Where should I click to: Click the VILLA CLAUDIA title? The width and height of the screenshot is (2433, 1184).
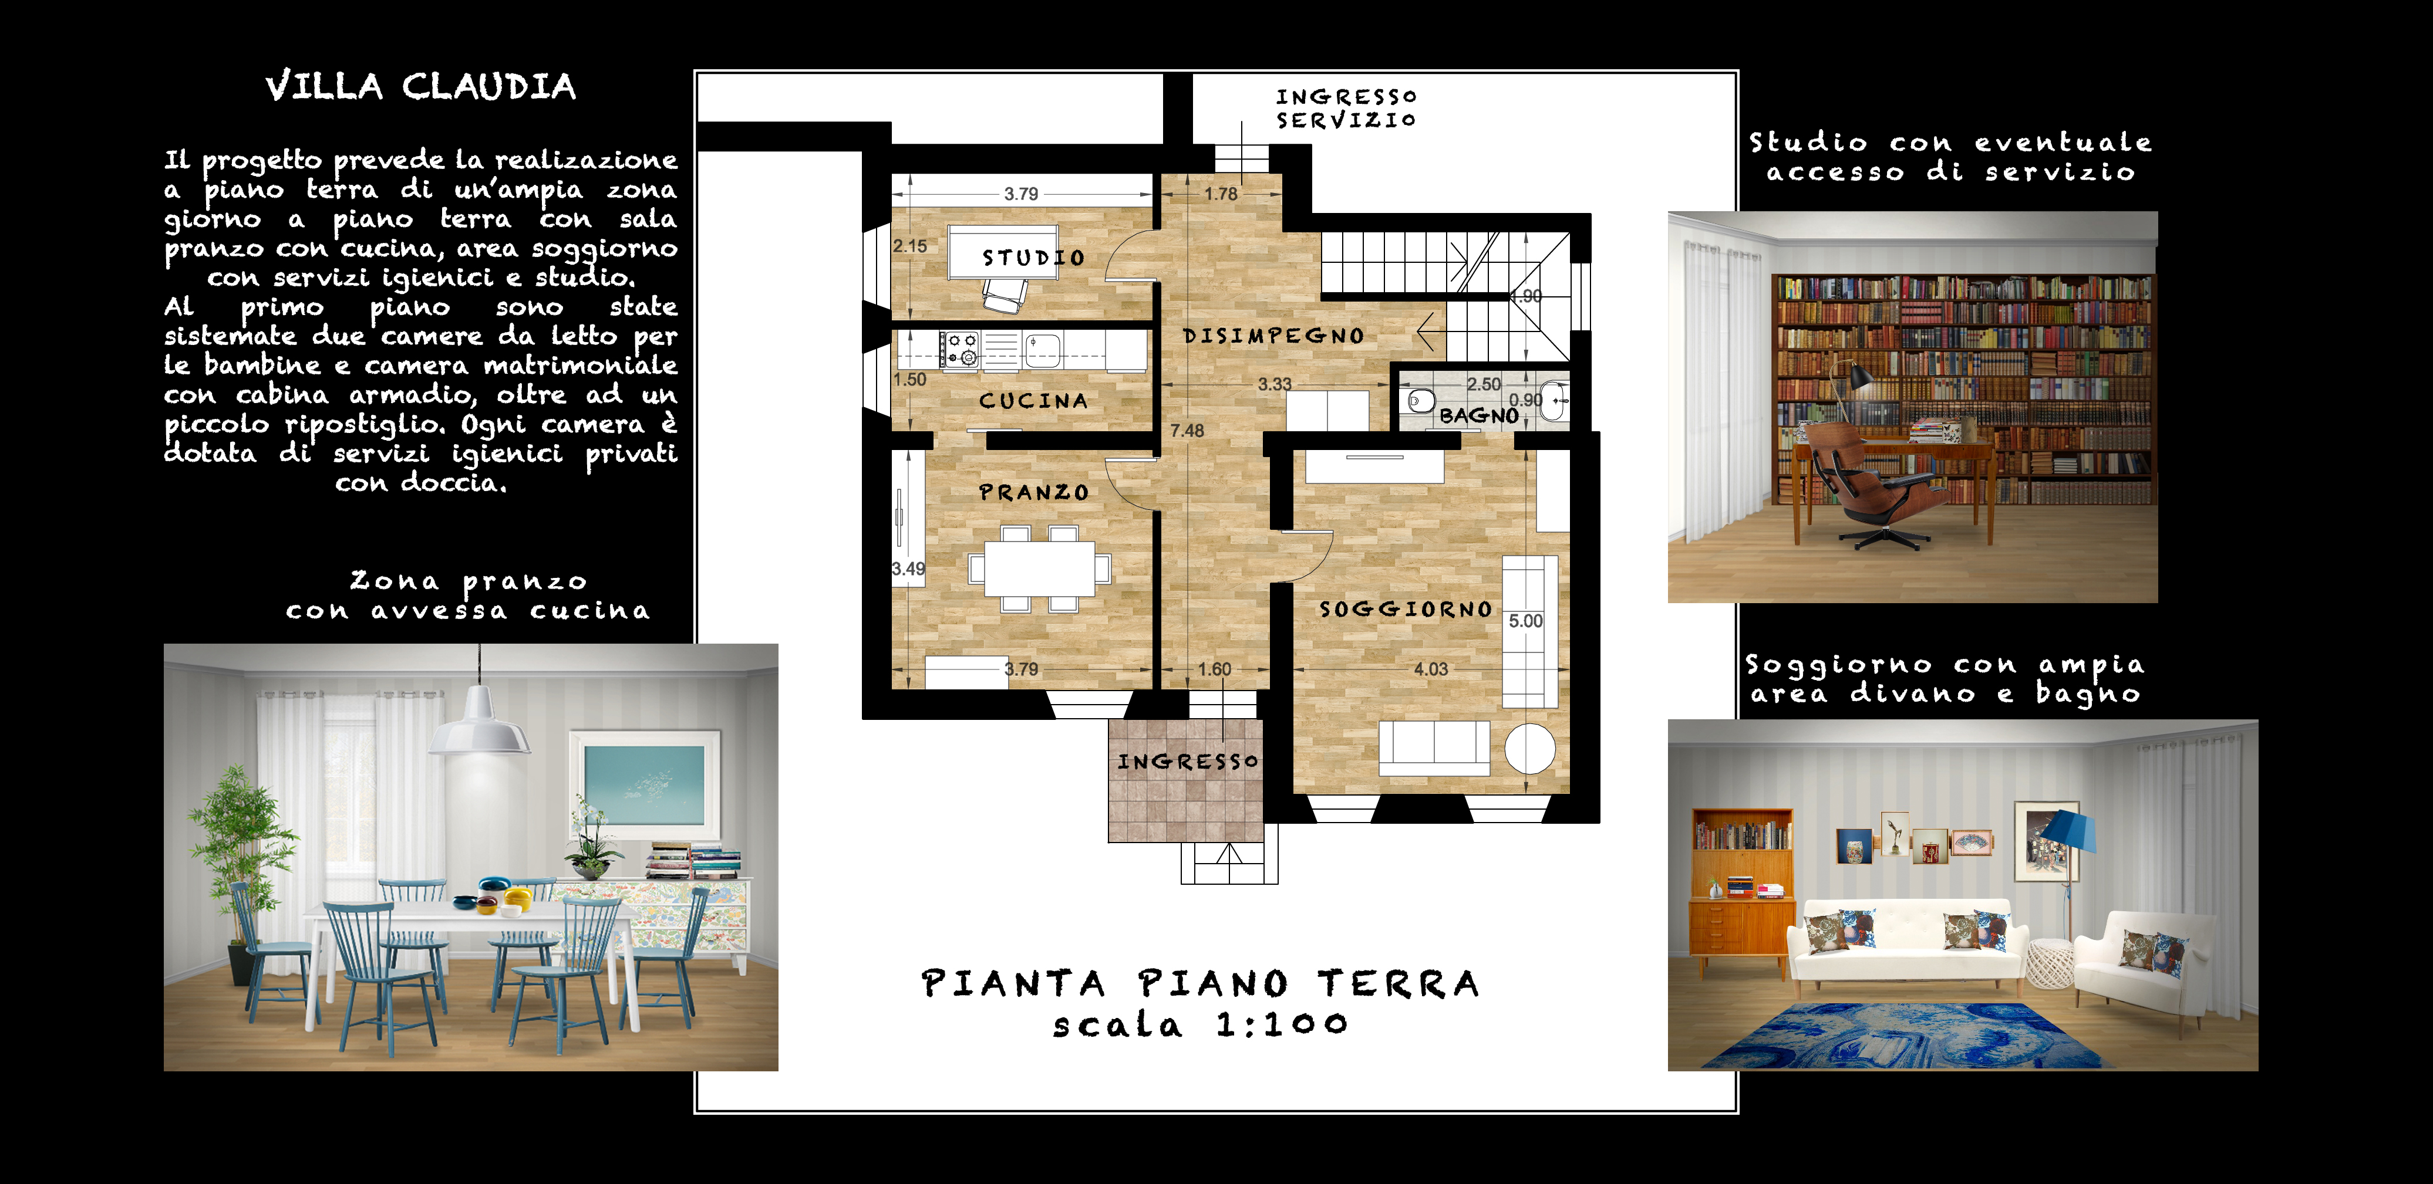[420, 87]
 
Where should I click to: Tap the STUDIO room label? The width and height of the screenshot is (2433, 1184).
[1033, 258]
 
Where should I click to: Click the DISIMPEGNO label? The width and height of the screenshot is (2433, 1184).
[1273, 336]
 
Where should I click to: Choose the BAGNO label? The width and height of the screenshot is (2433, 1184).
[1479, 415]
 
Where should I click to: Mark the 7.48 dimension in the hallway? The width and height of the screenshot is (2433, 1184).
[1187, 431]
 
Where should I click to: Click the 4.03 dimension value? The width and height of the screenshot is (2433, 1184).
[1431, 668]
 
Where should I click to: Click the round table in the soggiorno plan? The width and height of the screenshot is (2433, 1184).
[1530, 750]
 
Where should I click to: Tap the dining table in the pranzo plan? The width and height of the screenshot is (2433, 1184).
[1040, 569]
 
